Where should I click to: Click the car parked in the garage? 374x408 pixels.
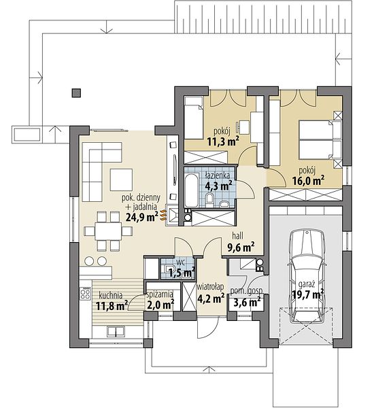point(306,277)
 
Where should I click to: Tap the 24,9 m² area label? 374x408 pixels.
point(142,216)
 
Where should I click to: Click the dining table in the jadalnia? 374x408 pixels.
point(108,231)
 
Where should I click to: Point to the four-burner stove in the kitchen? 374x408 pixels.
point(86,293)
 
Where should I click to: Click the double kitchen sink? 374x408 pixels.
point(116,332)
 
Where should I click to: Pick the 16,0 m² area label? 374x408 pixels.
point(309,180)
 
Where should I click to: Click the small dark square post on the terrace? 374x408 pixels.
point(76,93)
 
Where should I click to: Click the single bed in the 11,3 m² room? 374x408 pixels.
point(194,118)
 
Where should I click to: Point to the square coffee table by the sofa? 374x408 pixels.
point(121,180)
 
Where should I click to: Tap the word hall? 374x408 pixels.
point(237,236)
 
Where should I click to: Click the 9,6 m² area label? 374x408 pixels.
point(241,248)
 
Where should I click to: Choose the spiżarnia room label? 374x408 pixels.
point(160,294)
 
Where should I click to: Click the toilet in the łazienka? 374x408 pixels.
point(209,199)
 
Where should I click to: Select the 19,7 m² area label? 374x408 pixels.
point(307,294)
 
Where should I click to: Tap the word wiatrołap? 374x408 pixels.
point(210,287)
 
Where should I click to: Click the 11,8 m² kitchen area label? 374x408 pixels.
point(112,305)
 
